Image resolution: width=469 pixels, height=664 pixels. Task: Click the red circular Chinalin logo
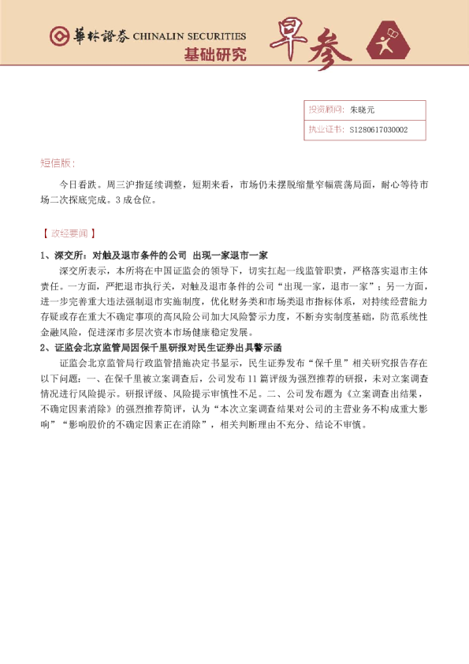[57, 36]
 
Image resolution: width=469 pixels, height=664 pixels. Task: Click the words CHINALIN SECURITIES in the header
[189, 36]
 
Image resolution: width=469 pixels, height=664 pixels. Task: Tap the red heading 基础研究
[214, 54]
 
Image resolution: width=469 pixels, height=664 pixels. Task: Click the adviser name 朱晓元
[363, 110]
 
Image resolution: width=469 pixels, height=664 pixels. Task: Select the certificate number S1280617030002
[378, 130]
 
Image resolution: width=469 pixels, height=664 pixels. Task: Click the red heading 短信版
[58, 163]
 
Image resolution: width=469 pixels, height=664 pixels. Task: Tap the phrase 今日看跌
[76, 185]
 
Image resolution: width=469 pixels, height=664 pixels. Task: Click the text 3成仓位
[136, 200]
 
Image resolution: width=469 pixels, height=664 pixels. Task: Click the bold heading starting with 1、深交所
[154, 256]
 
